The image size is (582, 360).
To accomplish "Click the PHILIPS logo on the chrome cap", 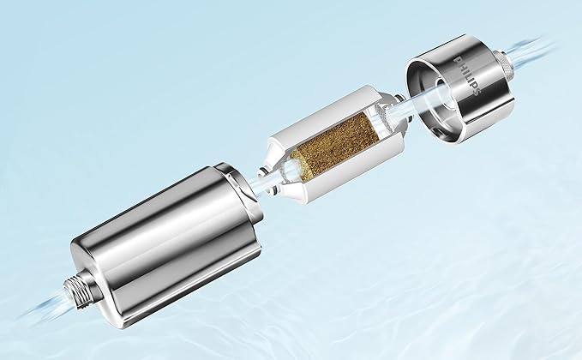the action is pyautogui.click(x=468, y=75).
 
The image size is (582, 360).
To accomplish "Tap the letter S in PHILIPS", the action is pyautogui.click(x=477, y=92).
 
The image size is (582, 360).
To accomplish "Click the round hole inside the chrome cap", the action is pyautogui.click(x=444, y=93).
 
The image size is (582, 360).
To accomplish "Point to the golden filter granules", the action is pyautogui.click(x=335, y=146).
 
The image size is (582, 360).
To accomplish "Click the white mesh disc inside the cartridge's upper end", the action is pyautogui.click(x=383, y=116).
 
